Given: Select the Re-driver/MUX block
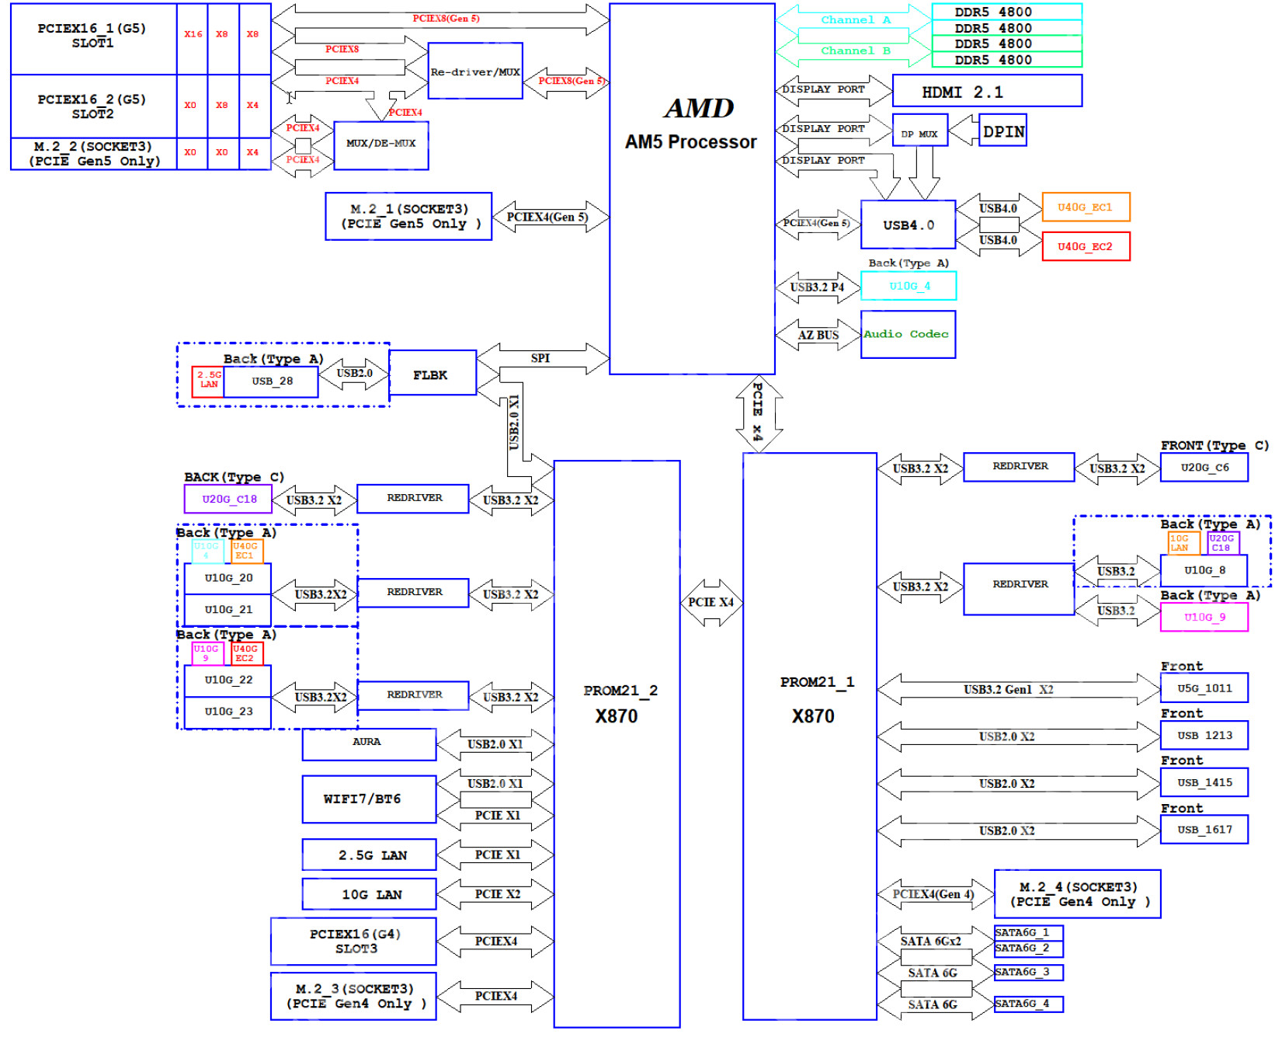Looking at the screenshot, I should point(474,71).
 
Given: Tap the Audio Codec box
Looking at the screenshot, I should point(907,334).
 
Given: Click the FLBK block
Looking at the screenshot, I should point(432,374).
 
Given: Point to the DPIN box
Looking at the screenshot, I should point(1003,131).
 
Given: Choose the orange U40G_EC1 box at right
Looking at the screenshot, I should point(1085,207).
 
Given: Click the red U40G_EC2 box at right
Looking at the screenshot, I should point(1085,246).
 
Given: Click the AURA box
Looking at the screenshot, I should point(369,743).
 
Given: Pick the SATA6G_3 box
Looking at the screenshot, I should point(1027,972).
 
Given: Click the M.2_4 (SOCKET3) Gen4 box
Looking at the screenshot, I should point(1076,894).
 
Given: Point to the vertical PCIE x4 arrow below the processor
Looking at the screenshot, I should point(759,413).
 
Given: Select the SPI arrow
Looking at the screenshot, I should point(542,358).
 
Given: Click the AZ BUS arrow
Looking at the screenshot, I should point(818,335).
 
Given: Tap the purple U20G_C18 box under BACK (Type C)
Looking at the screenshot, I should point(228,499).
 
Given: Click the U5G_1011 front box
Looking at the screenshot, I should point(1204,688).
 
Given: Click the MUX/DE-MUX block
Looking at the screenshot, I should point(380,144).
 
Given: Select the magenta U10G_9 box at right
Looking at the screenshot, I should point(1204,617).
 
